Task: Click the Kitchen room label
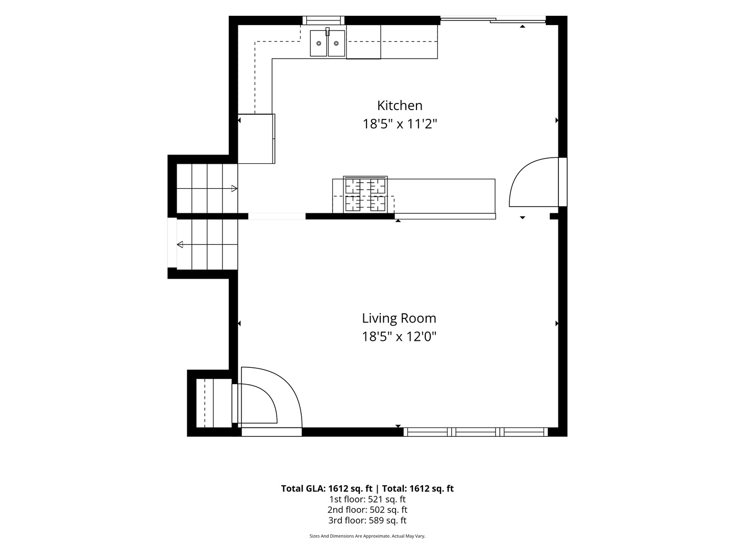(x=400, y=106)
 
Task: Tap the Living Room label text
(x=399, y=318)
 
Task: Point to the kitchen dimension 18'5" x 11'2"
(x=400, y=124)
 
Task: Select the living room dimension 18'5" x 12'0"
(x=399, y=337)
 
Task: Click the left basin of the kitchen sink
(x=318, y=43)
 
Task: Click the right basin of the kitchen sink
(x=336, y=43)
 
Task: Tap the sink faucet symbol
(x=328, y=31)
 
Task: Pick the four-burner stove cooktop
(x=365, y=194)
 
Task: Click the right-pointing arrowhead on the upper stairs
(x=234, y=188)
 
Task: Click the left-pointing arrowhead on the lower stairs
(x=180, y=244)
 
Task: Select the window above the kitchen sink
(x=324, y=20)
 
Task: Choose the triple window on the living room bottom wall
(x=476, y=432)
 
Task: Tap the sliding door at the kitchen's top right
(x=493, y=20)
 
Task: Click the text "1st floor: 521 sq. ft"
(x=367, y=499)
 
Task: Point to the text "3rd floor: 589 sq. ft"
(x=367, y=520)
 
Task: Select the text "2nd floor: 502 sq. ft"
(x=367, y=510)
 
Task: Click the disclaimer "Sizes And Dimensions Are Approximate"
(x=350, y=536)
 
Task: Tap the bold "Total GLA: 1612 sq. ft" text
(x=327, y=489)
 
